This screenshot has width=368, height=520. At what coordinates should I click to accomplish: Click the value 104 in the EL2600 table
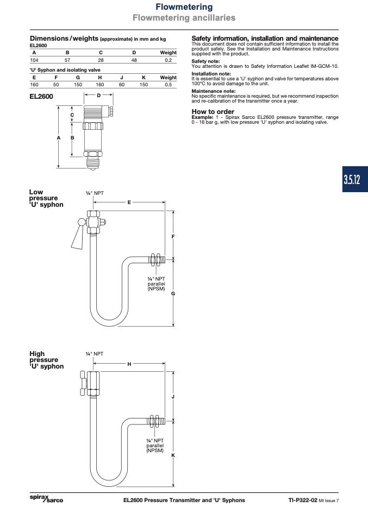pyautogui.click(x=34, y=60)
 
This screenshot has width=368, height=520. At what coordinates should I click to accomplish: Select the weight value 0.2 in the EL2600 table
pyautogui.click(x=169, y=60)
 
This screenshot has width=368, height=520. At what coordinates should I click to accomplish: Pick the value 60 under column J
pyautogui.click(x=122, y=85)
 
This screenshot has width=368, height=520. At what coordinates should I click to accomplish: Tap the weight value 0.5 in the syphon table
pyautogui.click(x=169, y=85)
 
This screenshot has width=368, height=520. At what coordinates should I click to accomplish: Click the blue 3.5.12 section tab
pyautogui.click(x=355, y=180)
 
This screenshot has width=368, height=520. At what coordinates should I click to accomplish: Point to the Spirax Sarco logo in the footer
pyautogui.click(x=46, y=498)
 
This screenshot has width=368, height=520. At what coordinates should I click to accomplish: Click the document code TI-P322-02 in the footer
pyautogui.click(x=303, y=500)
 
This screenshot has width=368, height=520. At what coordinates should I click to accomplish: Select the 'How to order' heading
pyautogui.click(x=213, y=111)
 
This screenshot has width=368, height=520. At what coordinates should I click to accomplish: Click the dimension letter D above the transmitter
pyautogui.click(x=98, y=96)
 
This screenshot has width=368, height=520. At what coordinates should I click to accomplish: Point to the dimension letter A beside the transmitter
pyautogui.click(x=59, y=138)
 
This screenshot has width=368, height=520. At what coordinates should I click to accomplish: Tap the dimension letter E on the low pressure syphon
pyautogui.click(x=129, y=202)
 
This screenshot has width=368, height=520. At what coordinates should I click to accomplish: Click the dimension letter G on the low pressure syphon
pyautogui.click(x=173, y=294)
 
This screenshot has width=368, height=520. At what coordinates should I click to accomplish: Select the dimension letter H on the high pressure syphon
pyautogui.click(x=129, y=364)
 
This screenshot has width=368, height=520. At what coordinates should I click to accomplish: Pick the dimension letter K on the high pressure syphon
pyautogui.click(x=173, y=455)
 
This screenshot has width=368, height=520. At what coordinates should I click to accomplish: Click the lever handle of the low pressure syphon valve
pyautogui.click(x=78, y=236)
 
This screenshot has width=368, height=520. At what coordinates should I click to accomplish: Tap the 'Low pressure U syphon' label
pyautogui.click(x=46, y=198)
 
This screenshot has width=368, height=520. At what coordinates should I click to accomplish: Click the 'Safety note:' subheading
pyautogui.click(x=205, y=61)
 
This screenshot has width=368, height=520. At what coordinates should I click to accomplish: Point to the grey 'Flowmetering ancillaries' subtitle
pyautogui.click(x=184, y=17)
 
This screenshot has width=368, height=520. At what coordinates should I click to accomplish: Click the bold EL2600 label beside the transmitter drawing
pyautogui.click(x=41, y=97)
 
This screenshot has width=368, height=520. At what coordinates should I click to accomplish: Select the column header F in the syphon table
pyautogui.click(x=56, y=78)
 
